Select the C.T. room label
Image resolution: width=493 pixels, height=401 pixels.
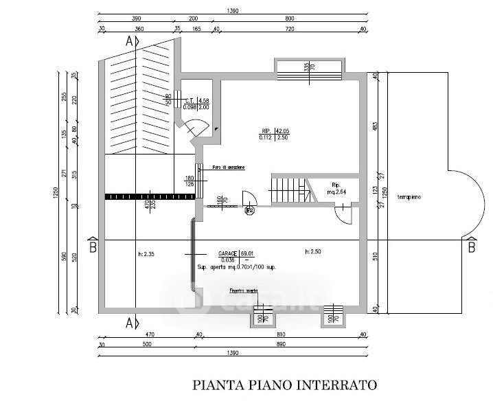pos(188,100)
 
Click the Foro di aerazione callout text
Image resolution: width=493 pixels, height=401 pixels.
pos(228,168)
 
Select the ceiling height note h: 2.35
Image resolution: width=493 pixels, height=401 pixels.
pos(147,253)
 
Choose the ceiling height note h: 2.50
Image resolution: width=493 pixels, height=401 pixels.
pos(313,252)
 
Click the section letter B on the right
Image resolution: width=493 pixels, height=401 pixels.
pos(471,247)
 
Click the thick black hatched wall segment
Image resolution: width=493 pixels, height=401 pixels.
pos(150,197)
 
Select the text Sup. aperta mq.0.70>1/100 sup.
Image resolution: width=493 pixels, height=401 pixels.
pos(236,266)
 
